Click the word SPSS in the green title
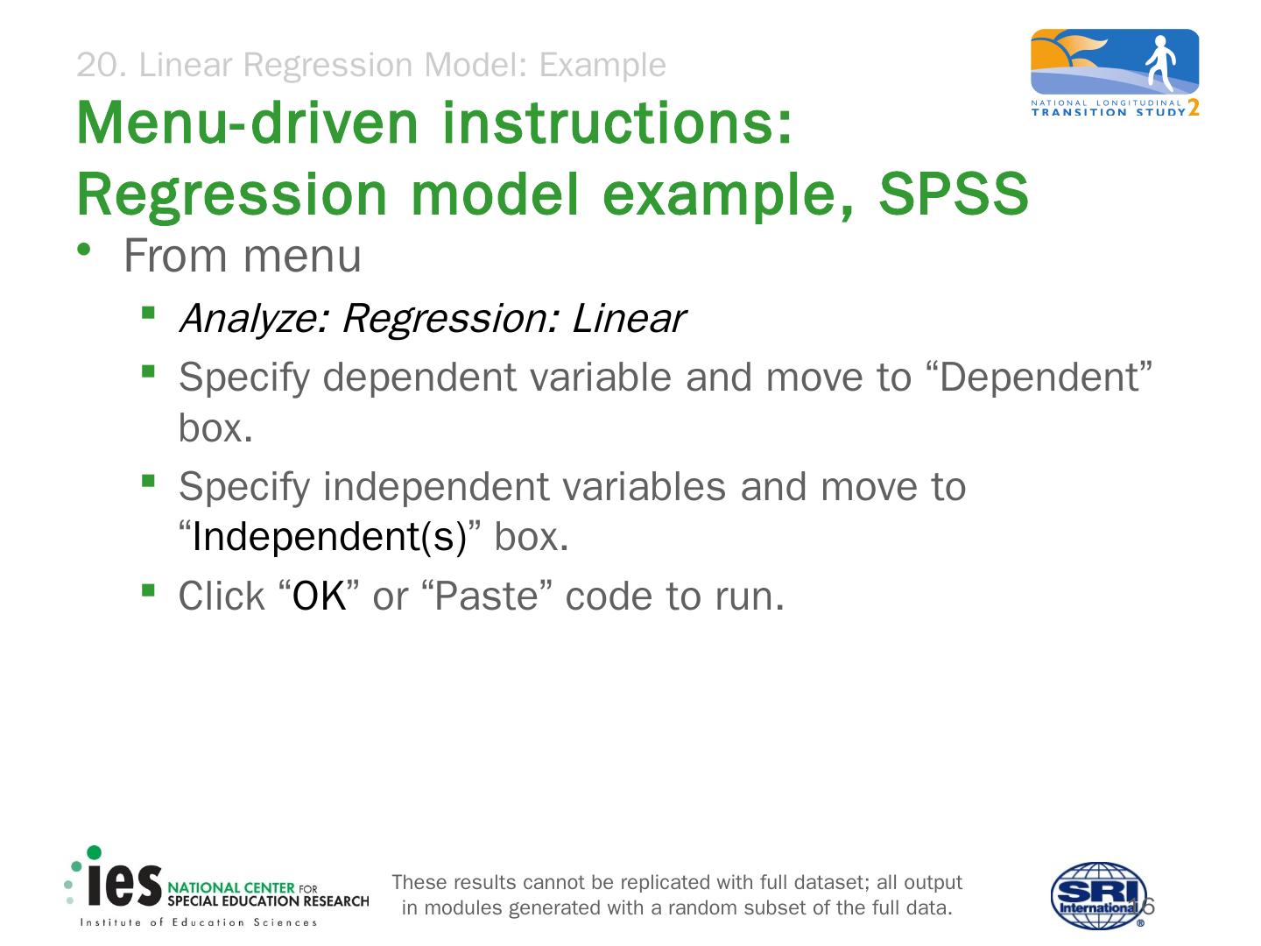tap(954, 194)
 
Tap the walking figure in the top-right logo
tap(1160, 63)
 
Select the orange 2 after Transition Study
tap(1194, 108)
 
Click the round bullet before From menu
tap(84, 250)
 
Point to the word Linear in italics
tap(629, 318)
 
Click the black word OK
tap(320, 596)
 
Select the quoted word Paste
tap(487, 596)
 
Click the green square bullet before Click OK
tap(148, 590)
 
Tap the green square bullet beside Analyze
tap(148, 312)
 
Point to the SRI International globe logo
tap(1098, 895)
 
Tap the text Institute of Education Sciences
tap(199, 922)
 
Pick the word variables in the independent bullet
tap(644, 486)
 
